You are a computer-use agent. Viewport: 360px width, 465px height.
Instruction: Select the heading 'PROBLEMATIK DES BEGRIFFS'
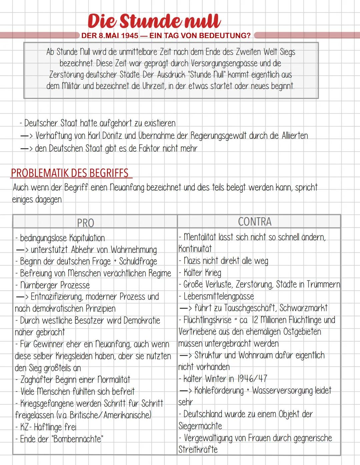(70, 173)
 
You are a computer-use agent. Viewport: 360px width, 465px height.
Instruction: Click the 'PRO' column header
(86, 223)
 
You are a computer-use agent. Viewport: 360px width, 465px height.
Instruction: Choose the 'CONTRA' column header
(255, 222)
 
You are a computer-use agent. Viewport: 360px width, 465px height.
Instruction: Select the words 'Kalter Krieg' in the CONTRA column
(202, 273)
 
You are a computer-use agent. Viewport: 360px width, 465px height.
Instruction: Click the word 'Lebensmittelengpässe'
(219, 296)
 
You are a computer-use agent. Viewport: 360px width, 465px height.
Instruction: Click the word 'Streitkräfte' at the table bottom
(198, 449)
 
